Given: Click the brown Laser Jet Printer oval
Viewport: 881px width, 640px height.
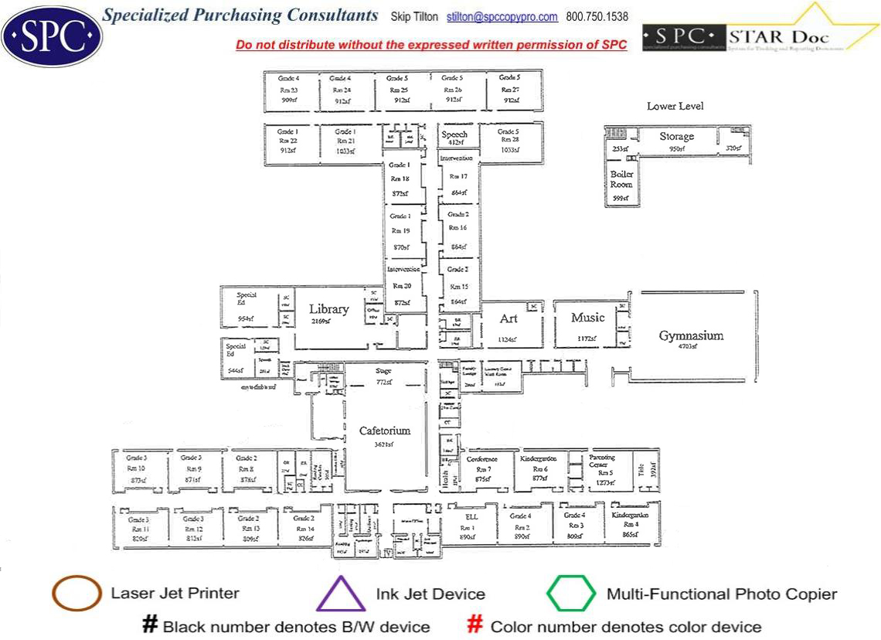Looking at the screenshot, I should [77, 594].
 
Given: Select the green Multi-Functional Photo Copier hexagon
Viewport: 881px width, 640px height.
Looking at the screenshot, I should [571, 594].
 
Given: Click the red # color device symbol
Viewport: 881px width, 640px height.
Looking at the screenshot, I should [476, 625].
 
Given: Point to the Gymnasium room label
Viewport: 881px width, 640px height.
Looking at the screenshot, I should [691, 335].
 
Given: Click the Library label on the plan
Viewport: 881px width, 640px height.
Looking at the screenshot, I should [329, 309].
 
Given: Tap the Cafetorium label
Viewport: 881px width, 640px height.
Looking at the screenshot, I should [384, 431].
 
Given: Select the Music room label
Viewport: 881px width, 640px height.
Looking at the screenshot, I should [588, 318].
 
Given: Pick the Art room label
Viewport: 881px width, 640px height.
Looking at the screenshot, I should [509, 318].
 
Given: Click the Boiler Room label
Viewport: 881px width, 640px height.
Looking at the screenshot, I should [621, 179].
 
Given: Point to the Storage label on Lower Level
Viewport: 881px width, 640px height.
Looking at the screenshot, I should [676, 137].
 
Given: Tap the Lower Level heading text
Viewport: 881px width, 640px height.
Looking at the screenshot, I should [675, 106].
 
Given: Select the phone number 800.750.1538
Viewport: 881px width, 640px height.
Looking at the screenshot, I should [597, 17].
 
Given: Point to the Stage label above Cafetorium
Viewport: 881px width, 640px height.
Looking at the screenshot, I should [384, 372].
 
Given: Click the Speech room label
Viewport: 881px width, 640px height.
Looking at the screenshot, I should [454, 134].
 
